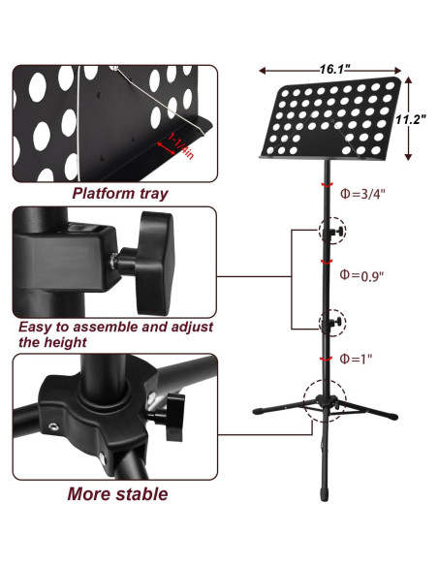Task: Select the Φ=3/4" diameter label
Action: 363,193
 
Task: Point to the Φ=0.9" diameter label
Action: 363,276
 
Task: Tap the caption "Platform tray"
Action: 120,193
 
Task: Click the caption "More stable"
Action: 117,494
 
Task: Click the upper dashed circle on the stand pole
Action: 331,232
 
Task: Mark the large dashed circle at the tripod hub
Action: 326,399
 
